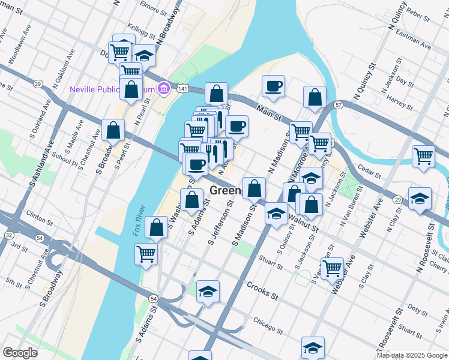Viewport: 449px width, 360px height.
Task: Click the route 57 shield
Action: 339,105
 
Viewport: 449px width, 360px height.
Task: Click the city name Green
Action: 226,191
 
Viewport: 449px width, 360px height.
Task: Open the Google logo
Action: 20,353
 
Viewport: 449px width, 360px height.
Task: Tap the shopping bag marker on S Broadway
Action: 113,130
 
